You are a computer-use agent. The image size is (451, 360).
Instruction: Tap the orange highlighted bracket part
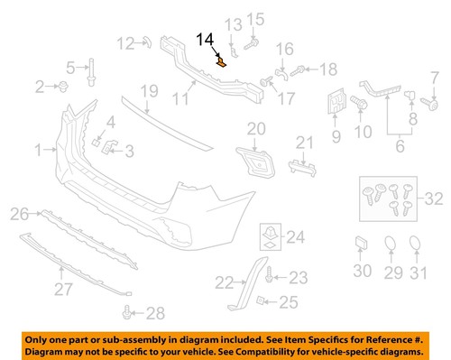click(x=223, y=61)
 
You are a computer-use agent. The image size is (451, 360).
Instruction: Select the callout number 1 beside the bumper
click(x=38, y=147)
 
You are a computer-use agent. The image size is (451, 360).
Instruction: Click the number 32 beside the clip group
click(x=434, y=223)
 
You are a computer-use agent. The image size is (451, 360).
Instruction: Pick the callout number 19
click(x=149, y=90)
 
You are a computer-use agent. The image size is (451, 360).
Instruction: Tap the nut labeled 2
click(x=65, y=87)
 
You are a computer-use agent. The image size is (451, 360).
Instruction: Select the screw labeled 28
click(x=129, y=313)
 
